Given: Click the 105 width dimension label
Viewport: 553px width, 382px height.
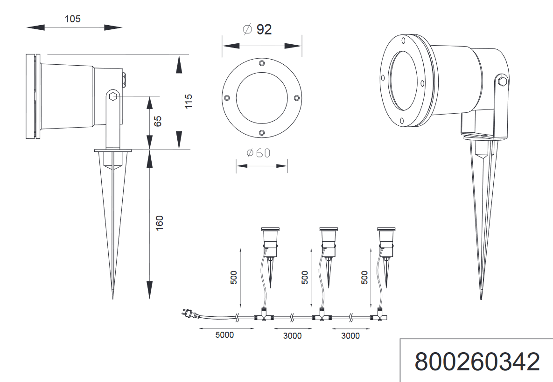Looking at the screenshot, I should click(73, 19).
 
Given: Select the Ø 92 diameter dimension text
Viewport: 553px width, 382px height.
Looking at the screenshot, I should click(257, 29).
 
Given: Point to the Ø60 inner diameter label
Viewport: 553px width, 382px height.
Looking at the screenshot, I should click(258, 153).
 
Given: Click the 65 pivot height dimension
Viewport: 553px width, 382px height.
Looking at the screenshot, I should click(158, 121).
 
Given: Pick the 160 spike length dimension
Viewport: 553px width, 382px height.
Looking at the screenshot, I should click(159, 223).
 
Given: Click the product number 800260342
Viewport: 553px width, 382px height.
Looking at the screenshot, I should click(477, 362).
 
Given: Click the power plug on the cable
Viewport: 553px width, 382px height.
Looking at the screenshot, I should click(187, 315).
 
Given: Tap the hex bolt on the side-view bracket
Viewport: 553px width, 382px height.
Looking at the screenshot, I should click(112, 97).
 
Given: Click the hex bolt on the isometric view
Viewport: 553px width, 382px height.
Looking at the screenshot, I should click(503, 82).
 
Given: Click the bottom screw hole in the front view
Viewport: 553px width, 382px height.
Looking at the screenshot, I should click(261, 133).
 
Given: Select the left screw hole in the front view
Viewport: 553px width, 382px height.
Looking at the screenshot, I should click(226, 98).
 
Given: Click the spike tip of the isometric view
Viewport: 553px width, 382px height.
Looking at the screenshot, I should click(482, 298).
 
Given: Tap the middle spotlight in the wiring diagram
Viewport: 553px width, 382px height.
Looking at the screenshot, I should click(328, 242).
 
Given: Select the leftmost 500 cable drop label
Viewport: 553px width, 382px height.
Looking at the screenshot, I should click(234, 277).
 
